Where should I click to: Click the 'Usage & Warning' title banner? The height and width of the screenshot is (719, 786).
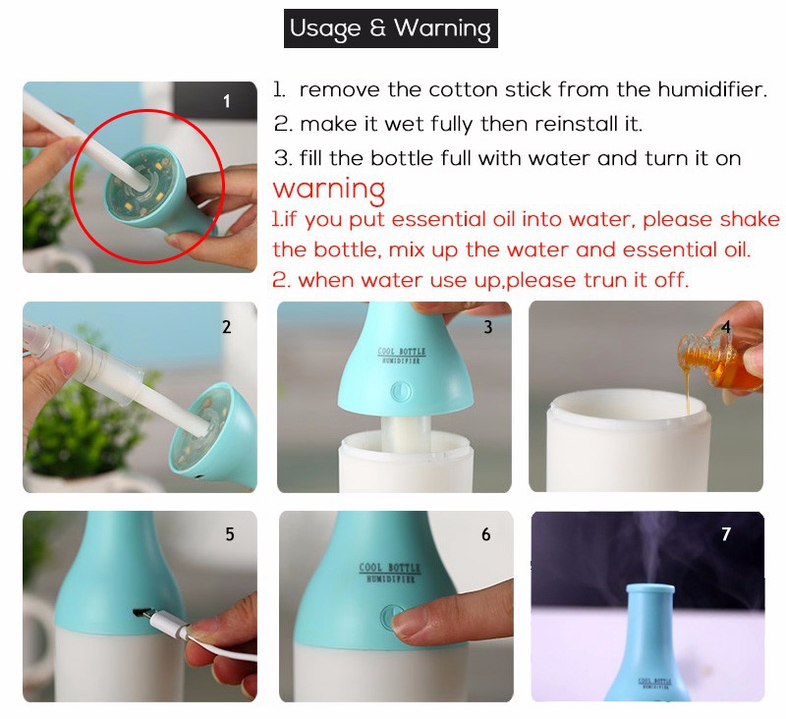(x=390, y=28)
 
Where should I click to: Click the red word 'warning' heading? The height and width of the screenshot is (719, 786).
(x=329, y=188)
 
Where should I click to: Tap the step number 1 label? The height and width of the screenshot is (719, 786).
(x=227, y=101)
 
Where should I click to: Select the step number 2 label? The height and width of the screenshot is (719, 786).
(x=227, y=327)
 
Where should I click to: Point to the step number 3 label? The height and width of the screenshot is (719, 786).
(x=488, y=327)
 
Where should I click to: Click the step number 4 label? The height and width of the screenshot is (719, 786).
(x=726, y=327)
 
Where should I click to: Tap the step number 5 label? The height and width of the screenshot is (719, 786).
(x=229, y=535)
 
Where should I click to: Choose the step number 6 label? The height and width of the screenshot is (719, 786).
(x=486, y=535)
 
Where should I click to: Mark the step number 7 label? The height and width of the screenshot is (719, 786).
(x=726, y=535)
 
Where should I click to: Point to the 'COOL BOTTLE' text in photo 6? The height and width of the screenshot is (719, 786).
(x=389, y=568)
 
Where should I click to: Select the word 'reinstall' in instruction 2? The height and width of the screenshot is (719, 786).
(x=572, y=125)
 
